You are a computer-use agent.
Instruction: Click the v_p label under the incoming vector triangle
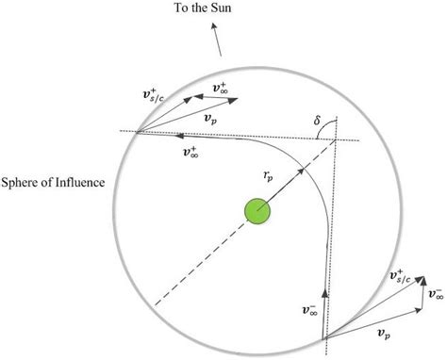385,332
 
